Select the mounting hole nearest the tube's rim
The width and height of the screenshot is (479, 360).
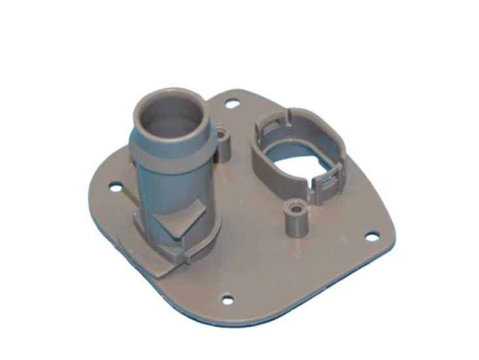(231, 103)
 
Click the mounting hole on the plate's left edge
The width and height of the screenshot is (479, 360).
(116, 188)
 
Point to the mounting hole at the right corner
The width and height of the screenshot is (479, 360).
(371, 236)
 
